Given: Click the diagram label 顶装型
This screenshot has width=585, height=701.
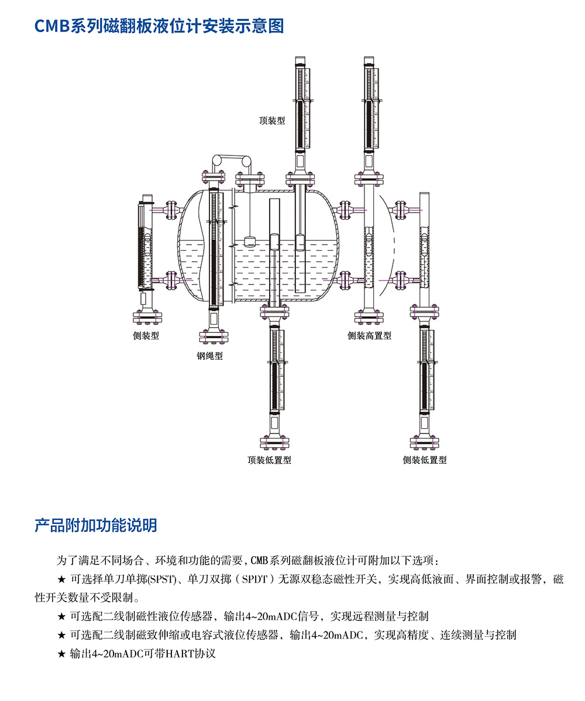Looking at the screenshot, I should tap(272, 121).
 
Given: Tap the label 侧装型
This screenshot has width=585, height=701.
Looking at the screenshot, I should tap(146, 336).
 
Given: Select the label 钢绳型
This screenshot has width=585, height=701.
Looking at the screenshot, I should tap(209, 356).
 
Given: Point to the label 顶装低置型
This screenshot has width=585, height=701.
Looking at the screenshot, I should tap(269, 460).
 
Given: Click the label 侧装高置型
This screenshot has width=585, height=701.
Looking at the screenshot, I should tap(370, 336).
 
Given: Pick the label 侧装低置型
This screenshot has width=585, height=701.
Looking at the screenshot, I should tap(425, 460).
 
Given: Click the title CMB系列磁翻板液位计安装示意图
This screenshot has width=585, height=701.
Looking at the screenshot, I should tap(159, 26).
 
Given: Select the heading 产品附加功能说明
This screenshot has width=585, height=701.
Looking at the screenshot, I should tap(95, 525).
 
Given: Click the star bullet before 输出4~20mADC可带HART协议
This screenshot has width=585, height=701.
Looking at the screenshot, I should tap(61, 653).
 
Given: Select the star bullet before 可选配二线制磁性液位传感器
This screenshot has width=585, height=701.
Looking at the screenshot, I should tap(61, 616).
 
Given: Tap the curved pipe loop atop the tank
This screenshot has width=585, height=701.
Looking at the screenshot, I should tap(232, 159).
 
